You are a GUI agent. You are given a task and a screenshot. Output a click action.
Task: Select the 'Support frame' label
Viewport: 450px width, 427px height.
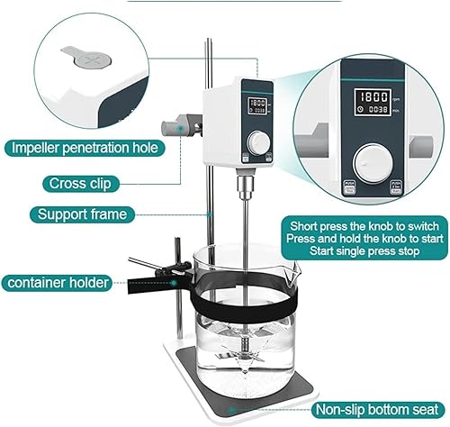pos(82,214)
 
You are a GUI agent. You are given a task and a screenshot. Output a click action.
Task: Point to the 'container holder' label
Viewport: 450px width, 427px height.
pos(58,283)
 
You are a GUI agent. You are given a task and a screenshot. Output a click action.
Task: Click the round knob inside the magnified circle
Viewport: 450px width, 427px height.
pos(374,168)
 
